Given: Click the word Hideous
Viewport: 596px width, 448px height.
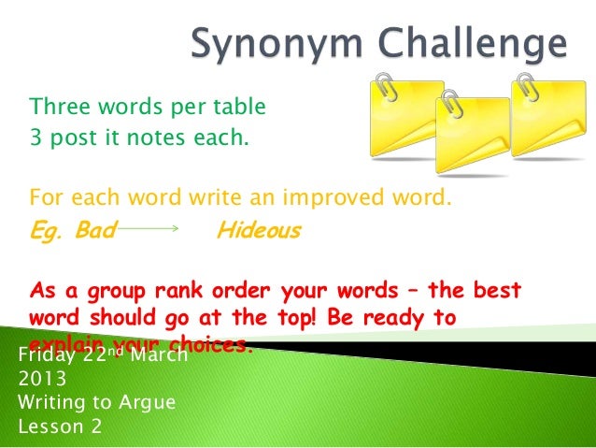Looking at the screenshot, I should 258,230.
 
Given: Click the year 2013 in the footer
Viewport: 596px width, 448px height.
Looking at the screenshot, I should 41,381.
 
